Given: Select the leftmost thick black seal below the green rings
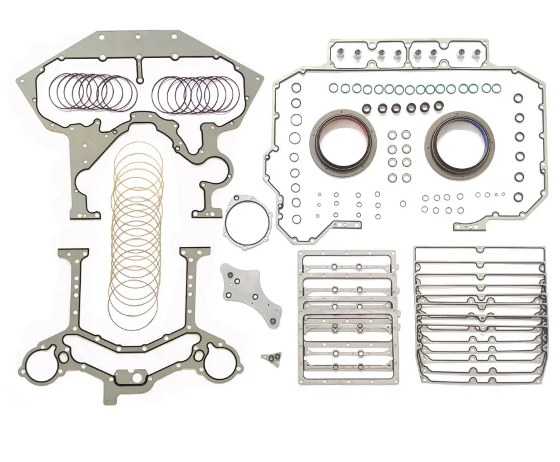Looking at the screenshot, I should (369, 108).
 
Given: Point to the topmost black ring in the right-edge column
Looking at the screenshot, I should (518, 99).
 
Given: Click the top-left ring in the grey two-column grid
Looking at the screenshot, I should (392, 135).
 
